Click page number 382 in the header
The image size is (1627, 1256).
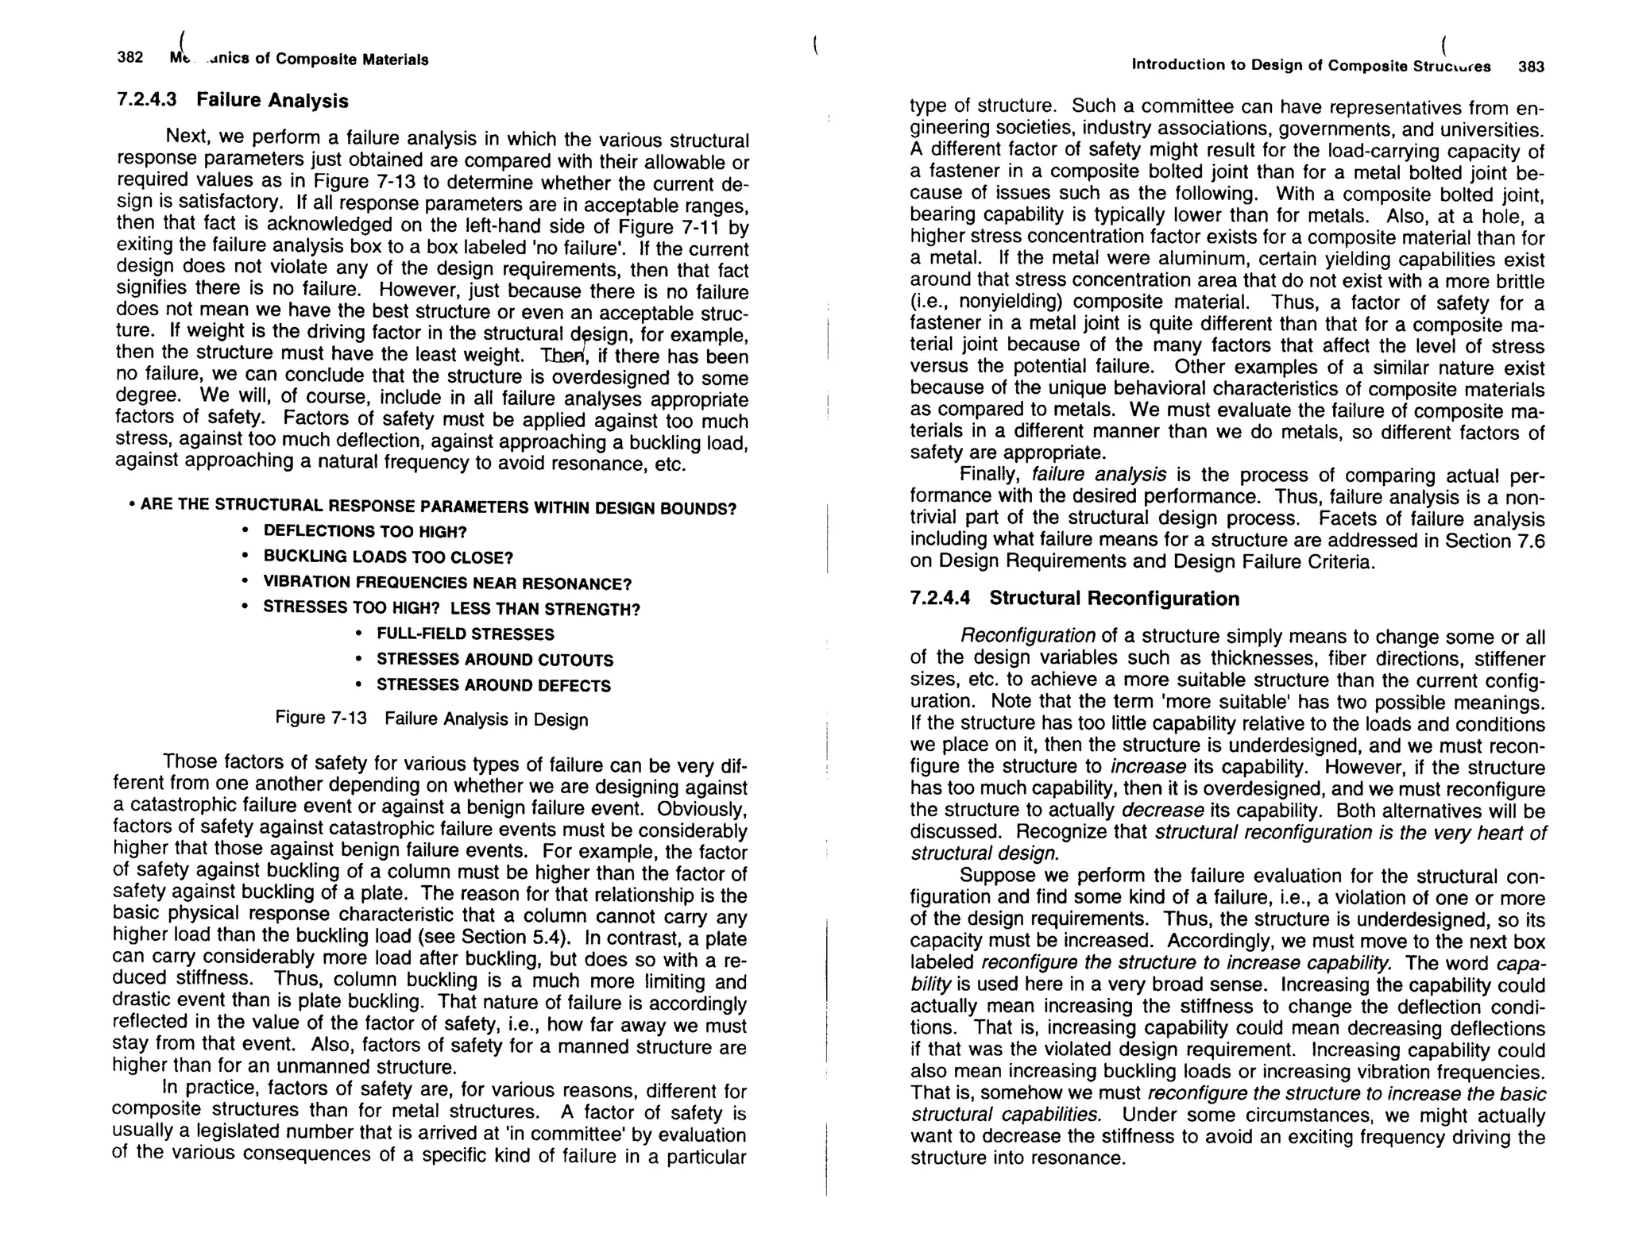point(129,57)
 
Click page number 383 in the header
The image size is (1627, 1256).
point(1531,67)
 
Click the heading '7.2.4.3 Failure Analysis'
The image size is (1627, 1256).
point(232,101)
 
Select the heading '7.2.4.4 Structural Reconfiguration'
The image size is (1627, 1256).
point(1074,599)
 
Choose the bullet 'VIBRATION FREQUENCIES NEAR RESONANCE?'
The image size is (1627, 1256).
point(446,584)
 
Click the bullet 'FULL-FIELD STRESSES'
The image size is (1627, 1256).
point(465,634)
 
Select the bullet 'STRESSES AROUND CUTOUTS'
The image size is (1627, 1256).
point(494,660)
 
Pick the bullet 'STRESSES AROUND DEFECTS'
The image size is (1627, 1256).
point(493,685)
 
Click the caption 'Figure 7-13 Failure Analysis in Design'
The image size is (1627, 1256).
point(431,719)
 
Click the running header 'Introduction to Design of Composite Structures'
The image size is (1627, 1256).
point(1311,65)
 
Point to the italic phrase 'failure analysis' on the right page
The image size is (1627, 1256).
point(1099,475)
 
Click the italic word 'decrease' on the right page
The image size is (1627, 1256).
point(1162,811)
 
